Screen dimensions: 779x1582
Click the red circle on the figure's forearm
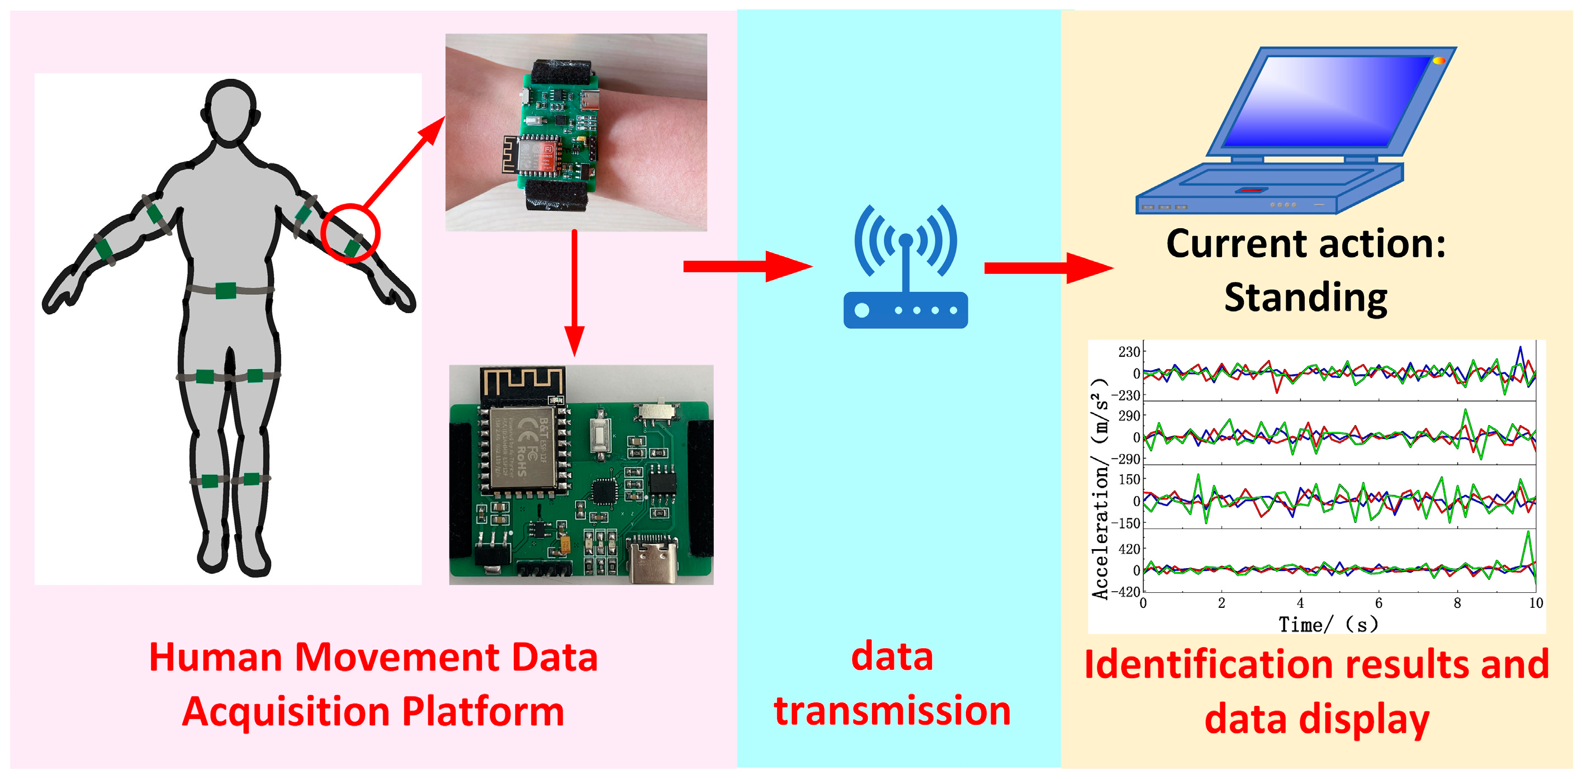[350, 233]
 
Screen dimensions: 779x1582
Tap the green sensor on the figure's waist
[225, 291]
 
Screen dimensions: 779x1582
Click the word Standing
[1306, 298]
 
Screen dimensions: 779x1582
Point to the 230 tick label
[1129, 352]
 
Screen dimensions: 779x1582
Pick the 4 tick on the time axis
[1300, 603]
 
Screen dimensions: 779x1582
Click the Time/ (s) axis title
[1328, 624]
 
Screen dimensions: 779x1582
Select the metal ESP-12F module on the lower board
[524, 448]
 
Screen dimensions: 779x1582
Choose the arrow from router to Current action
[1047, 268]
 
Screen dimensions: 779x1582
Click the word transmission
[892, 711]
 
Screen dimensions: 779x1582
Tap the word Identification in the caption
[1207, 665]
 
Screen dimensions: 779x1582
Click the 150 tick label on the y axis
[1129, 479]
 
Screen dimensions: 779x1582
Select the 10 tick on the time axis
[1536, 603]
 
